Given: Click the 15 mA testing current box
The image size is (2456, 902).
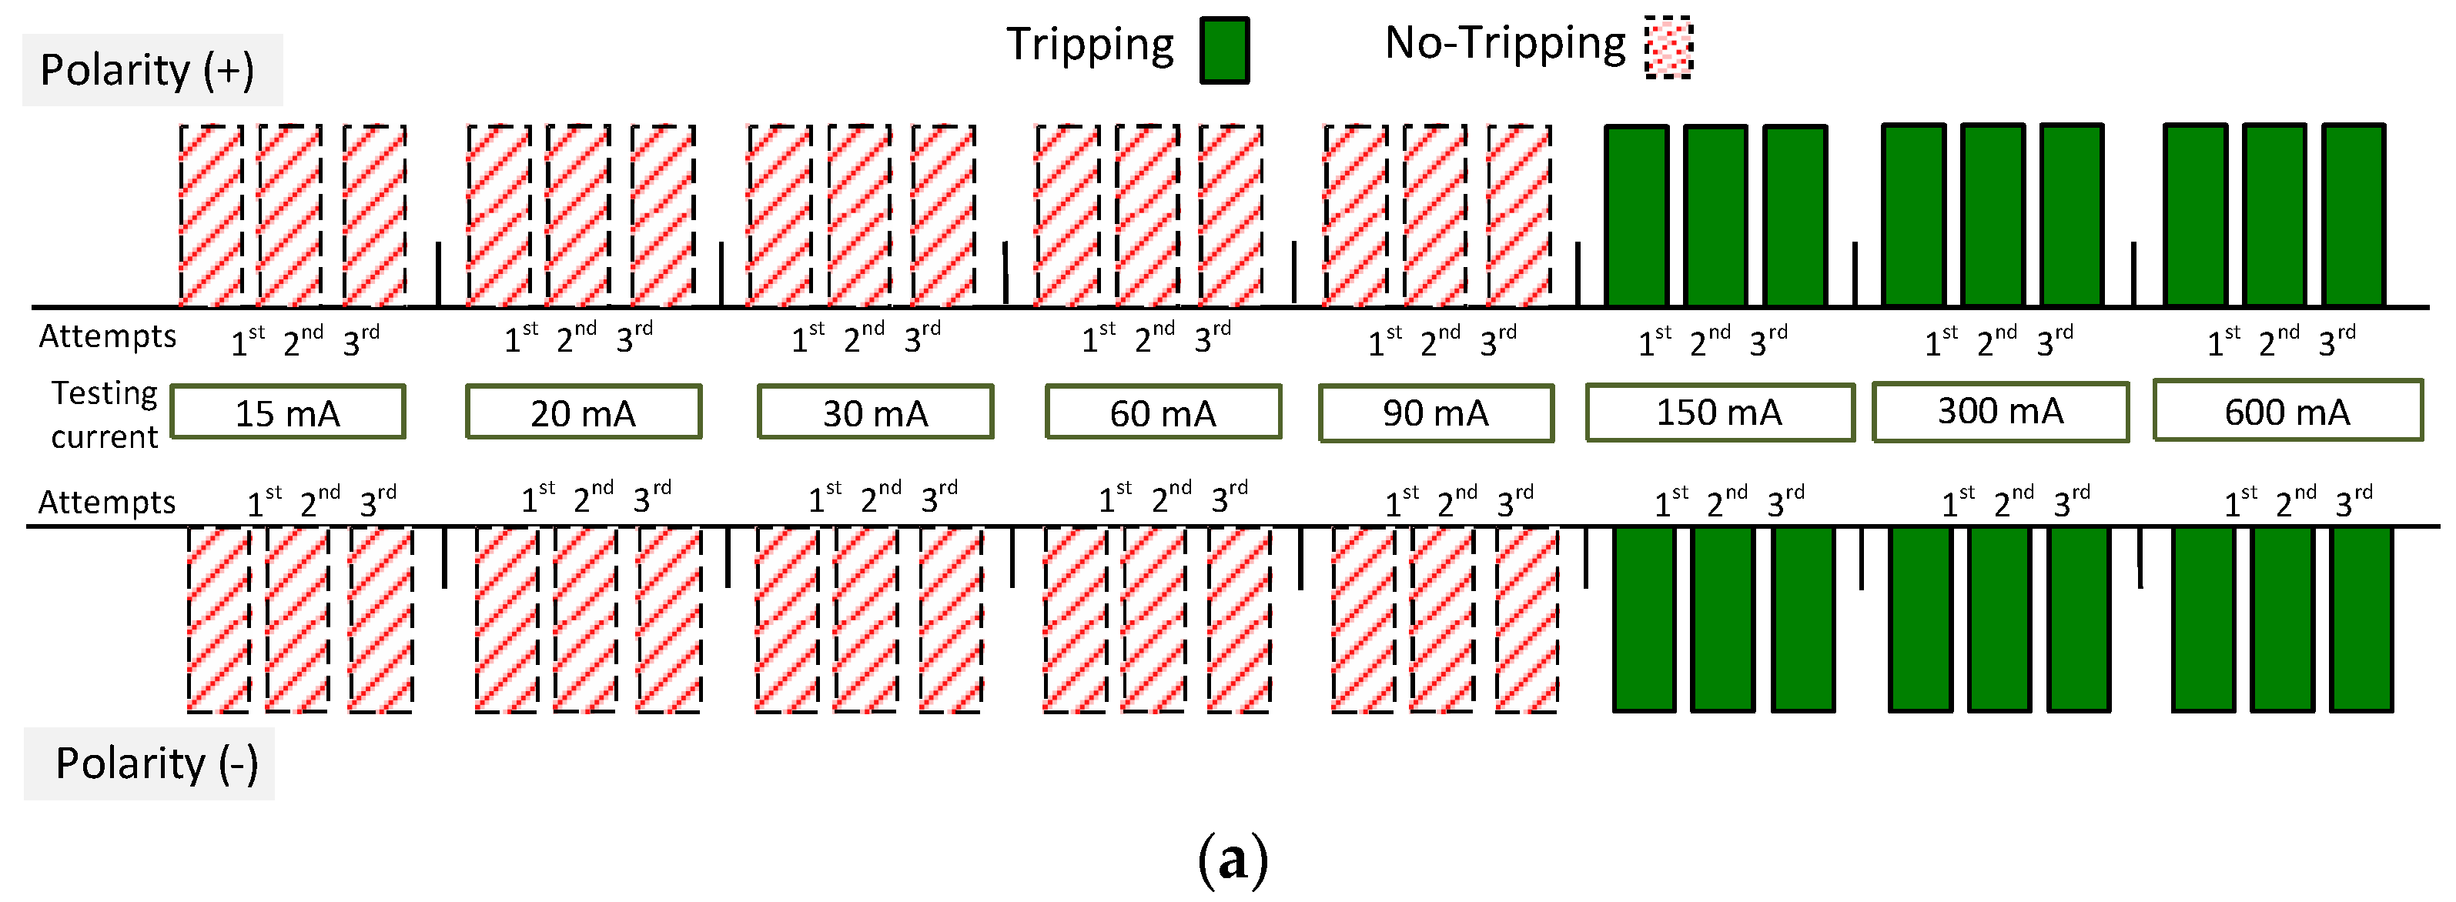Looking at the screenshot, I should point(288,412).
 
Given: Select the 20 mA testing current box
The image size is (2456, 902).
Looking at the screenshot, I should point(584,412).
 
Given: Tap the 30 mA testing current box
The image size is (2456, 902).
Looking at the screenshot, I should point(875,412).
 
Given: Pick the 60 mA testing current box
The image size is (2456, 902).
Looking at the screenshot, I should point(1163,412).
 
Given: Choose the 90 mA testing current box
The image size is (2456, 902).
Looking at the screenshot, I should point(1436,413).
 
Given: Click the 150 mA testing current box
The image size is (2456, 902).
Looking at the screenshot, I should point(1720,412).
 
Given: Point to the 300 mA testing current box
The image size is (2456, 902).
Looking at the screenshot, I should point(2000,412).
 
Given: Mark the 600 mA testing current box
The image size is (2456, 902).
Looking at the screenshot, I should point(2287,411).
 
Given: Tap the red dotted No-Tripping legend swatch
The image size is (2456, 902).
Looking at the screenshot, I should point(1668,48).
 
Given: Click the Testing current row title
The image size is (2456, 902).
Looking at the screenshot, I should point(104,415).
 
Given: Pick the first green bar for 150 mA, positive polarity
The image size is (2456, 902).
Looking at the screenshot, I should point(1637,215).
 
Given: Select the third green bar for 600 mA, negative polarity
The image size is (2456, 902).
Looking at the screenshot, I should point(2361,619).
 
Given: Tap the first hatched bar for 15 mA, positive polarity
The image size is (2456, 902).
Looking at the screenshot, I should point(211,215).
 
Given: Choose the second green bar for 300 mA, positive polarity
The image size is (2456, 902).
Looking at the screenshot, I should point(1993,215).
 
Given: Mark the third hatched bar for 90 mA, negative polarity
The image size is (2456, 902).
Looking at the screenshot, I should point(1527,619).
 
